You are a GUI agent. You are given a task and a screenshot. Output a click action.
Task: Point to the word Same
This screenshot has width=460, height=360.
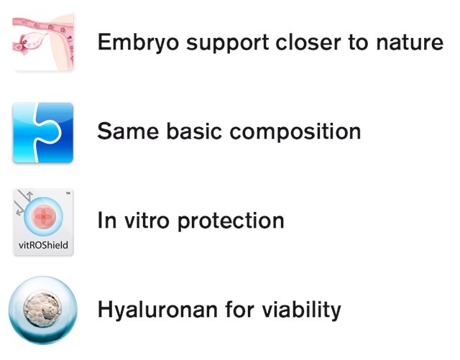tap(128, 131)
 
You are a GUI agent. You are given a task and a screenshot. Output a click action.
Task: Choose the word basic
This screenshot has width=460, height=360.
tap(194, 131)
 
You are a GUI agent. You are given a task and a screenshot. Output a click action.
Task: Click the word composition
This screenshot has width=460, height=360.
tap(295, 132)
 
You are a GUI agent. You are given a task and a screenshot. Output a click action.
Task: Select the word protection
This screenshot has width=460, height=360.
tap(231, 221)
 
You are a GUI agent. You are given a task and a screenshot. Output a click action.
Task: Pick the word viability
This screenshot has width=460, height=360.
tap(301, 310)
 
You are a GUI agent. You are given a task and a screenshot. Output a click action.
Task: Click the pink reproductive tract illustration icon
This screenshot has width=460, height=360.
tap(43, 41)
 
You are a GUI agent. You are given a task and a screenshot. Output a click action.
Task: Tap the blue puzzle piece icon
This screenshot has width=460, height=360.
tap(43, 132)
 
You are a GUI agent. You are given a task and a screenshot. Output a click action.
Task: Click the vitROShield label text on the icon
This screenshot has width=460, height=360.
tap(43, 245)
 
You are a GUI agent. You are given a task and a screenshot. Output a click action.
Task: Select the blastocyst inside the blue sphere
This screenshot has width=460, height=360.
tap(42, 310)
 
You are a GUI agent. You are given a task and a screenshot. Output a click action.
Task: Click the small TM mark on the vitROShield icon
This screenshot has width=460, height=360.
tap(68, 193)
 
